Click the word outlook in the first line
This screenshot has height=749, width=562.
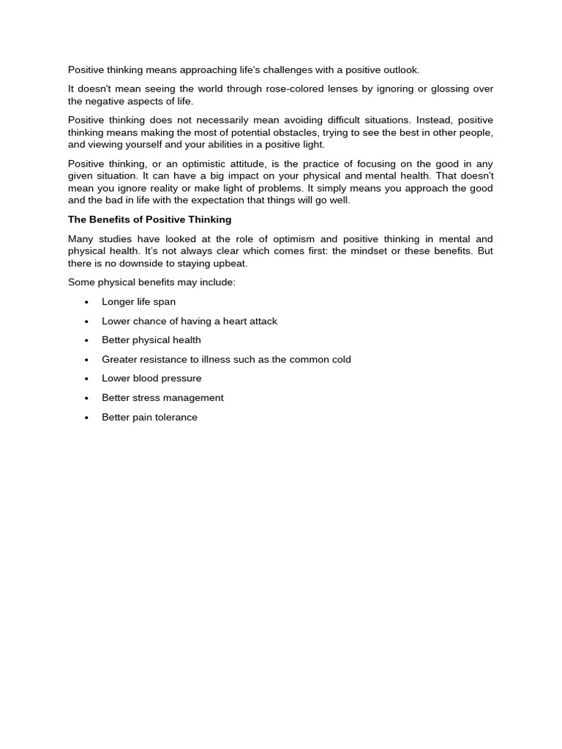400,70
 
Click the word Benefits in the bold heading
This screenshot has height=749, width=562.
111,219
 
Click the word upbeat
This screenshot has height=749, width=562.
231,263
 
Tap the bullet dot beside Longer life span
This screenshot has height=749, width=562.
86,302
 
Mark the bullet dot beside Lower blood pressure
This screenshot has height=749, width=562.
86,379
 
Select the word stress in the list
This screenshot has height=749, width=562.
146,398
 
